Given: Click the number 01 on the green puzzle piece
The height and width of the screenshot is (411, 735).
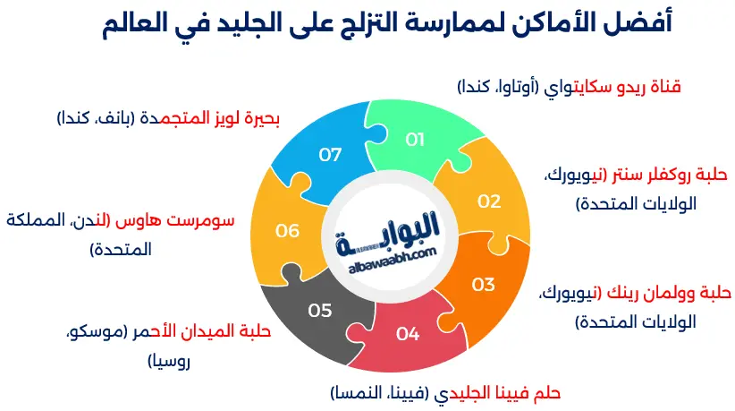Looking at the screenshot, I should [x=414, y=140].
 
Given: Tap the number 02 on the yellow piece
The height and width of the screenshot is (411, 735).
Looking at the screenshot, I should [x=488, y=201].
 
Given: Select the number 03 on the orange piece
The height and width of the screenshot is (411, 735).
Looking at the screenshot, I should [x=483, y=285].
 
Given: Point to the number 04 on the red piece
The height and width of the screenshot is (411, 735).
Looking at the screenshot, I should [x=408, y=334].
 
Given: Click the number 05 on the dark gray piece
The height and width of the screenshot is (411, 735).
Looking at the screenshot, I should [x=320, y=311].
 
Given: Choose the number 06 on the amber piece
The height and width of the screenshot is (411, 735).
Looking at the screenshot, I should [x=287, y=231].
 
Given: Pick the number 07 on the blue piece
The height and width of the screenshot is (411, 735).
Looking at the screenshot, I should [x=330, y=154].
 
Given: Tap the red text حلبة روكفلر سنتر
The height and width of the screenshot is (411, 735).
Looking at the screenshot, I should [x=665, y=174].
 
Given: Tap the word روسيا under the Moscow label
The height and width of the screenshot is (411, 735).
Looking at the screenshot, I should [x=169, y=362].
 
